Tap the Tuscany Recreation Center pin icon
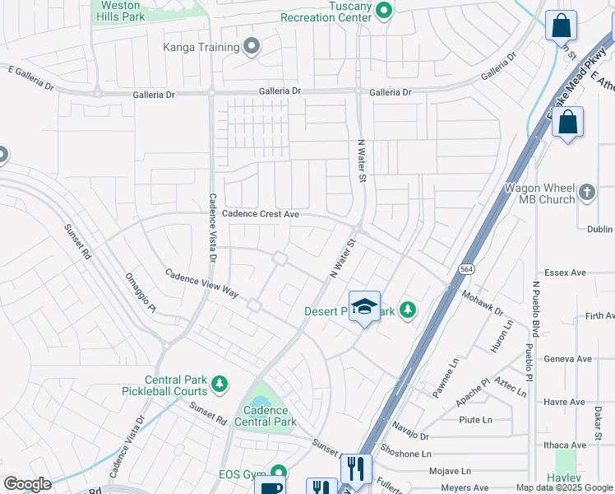pyautogui.click(x=384, y=10)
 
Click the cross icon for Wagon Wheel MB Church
pyautogui.click(x=586, y=192)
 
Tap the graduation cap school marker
pyautogui.click(x=364, y=306)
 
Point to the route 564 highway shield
pyautogui.click(x=466, y=268)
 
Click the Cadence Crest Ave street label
pyautogui.click(x=260, y=214)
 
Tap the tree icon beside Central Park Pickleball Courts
pyautogui.click(x=220, y=383)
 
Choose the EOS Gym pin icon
pyautogui.click(x=278, y=473)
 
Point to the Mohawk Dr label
pyautogui.click(x=482, y=305)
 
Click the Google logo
pyautogui.click(x=27, y=484)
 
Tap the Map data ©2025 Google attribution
pyautogui.click(x=563, y=487)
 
